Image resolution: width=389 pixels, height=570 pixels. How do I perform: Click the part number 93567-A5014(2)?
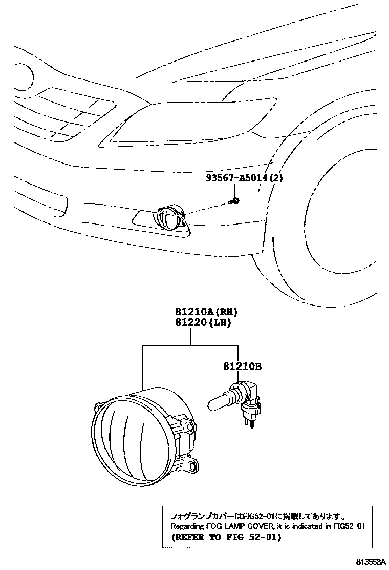244,178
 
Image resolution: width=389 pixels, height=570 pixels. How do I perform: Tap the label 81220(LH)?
201,323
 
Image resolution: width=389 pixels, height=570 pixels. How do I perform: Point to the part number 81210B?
242,367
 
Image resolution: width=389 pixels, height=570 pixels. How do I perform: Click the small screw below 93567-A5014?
235,200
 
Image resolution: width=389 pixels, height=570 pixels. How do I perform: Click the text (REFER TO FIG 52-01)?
223,538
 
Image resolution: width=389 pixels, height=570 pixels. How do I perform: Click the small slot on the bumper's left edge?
62,205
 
